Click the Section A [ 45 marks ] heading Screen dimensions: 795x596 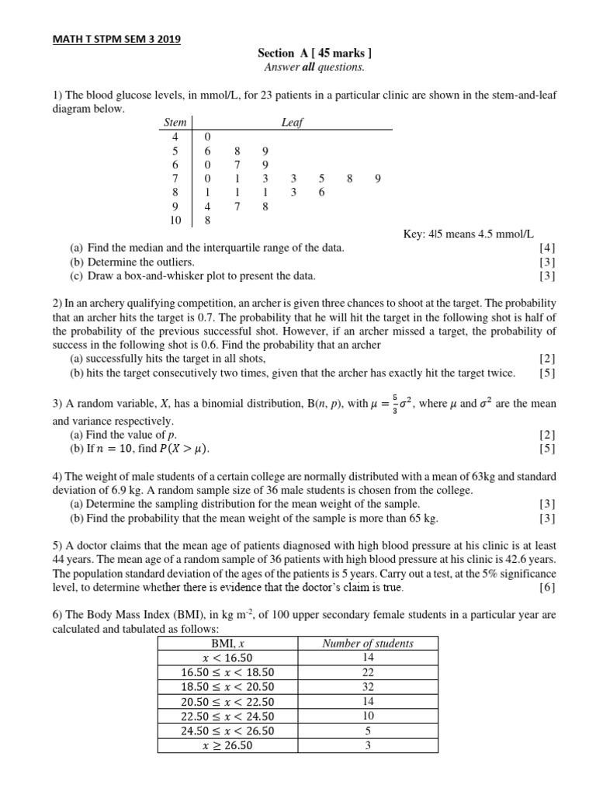(x=314, y=54)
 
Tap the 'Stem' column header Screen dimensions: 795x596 (x=175, y=123)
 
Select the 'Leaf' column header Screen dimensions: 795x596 (x=293, y=123)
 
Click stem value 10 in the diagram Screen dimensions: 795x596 (x=175, y=221)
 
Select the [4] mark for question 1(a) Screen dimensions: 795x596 (x=547, y=248)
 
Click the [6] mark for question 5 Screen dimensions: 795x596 (x=547, y=587)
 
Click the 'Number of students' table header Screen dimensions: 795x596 (x=368, y=644)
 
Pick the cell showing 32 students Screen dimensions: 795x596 (x=368, y=687)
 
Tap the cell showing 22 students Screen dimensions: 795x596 (x=368, y=673)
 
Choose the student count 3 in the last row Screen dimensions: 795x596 (x=368, y=745)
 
